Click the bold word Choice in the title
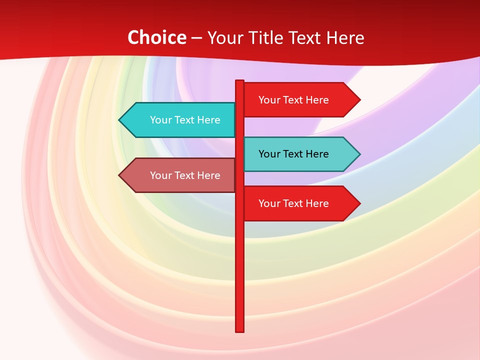tap(156, 37)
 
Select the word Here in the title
tap(345, 37)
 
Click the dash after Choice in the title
tap(196, 38)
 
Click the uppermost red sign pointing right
tap(300, 100)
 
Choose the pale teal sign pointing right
tap(300, 154)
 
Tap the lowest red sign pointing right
tap(300, 203)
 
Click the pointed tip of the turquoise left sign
tap(120, 120)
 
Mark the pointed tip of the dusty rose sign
tap(120, 175)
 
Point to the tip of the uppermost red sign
tap(359, 100)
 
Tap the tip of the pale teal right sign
tap(359, 154)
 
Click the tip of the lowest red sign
tap(359, 203)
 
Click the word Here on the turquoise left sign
tap(208, 120)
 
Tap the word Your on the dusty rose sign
tap(160, 175)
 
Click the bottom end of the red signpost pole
tap(240, 330)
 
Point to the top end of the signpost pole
tap(240, 81)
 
